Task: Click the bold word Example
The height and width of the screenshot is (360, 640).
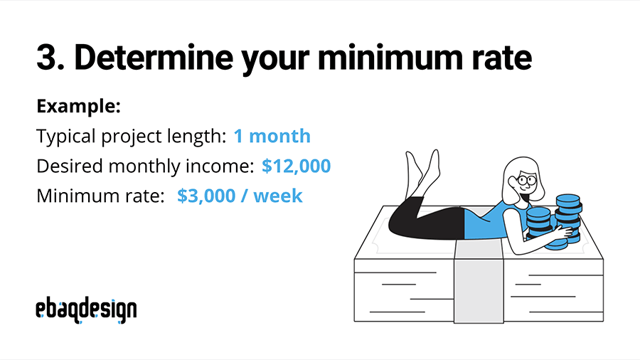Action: (x=78, y=107)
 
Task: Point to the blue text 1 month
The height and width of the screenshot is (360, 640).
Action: (x=272, y=136)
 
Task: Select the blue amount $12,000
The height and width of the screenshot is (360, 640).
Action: (x=296, y=166)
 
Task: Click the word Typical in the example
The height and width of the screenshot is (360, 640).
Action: (x=63, y=136)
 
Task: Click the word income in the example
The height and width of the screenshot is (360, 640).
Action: (x=220, y=166)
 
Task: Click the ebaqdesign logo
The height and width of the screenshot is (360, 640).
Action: (x=86, y=309)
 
